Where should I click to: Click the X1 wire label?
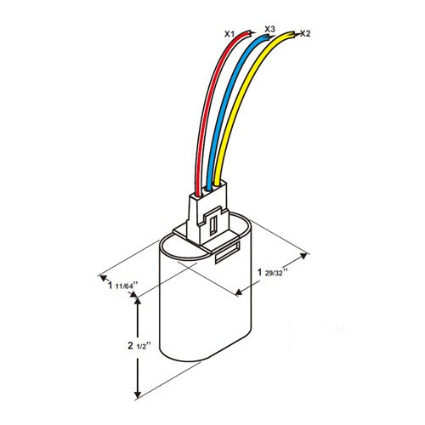(x=229, y=34)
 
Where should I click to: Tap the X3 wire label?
(x=269, y=29)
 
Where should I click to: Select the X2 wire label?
(x=305, y=33)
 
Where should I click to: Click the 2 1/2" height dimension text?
(x=138, y=346)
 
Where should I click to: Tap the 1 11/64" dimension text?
(x=122, y=286)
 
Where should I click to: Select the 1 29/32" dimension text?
(x=272, y=273)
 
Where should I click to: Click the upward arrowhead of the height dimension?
(x=138, y=302)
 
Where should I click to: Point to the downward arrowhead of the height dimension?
(x=138, y=394)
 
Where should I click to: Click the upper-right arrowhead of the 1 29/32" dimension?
(x=303, y=256)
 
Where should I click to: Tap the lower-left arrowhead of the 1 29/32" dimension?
(x=239, y=292)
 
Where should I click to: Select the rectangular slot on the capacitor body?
(x=228, y=252)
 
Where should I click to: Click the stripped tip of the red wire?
(x=250, y=33)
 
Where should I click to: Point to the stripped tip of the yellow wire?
(x=295, y=34)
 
